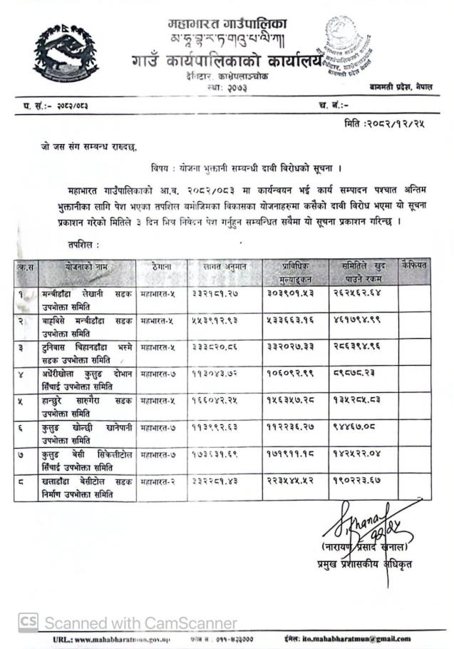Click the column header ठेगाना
tap(161, 265)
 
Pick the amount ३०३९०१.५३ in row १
tap(292, 293)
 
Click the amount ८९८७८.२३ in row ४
tap(354, 374)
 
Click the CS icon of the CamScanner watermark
tap(28, 622)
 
